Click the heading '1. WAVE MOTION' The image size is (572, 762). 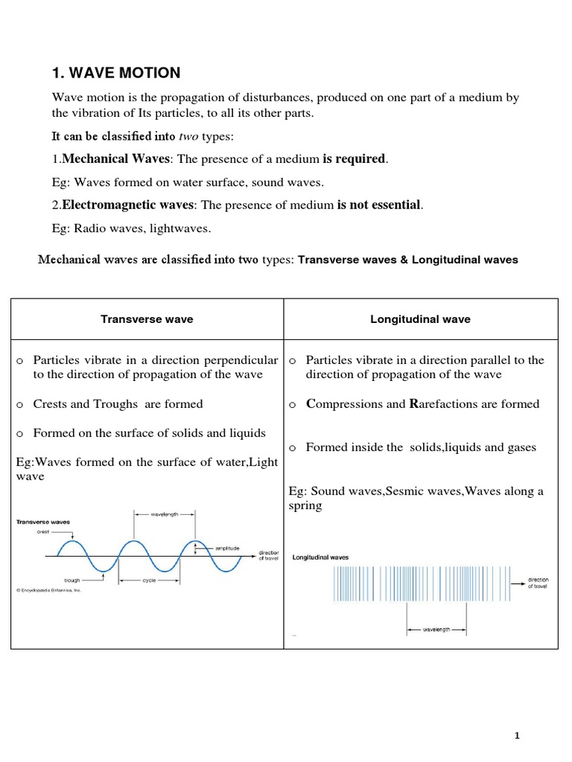[x=116, y=73]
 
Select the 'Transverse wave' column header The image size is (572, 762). [x=147, y=319]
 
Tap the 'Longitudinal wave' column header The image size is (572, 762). [x=420, y=319]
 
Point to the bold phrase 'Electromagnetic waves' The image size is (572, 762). [x=128, y=205]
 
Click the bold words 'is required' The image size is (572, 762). [x=355, y=159]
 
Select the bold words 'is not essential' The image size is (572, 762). [x=379, y=205]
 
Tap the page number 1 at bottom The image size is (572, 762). [x=517, y=736]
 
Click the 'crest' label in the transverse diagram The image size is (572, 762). [x=43, y=532]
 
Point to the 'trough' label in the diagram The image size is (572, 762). [x=72, y=580]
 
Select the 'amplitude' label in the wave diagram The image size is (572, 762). [x=227, y=548]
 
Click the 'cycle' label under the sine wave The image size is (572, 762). [x=150, y=580]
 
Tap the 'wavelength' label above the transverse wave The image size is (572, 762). [x=164, y=513]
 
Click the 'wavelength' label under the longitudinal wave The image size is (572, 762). [x=436, y=630]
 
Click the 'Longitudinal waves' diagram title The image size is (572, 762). [x=320, y=557]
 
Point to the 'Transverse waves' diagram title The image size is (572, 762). [x=43, y=522]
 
